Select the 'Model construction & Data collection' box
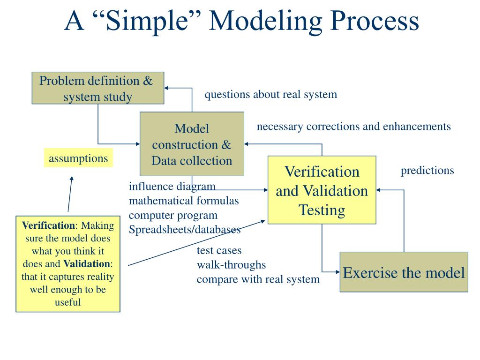point(192,144)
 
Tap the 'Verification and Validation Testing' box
point(322,190)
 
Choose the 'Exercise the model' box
point(404,272)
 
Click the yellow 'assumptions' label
point(78,158)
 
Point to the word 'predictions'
point(427,170)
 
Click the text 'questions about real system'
point(270,94)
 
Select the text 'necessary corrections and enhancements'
point(353,126)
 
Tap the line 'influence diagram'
point(172,186)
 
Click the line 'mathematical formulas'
point(184,201)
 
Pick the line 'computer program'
point(173,215)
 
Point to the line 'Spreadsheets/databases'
point(185,230)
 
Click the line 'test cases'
point(219,250)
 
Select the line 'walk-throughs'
point(231,265)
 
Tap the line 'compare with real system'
point(258,279)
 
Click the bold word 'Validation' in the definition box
point(87,263)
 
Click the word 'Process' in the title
point(372,21)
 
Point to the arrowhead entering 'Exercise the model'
point(336,271)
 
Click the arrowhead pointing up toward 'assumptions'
point(71,179)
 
